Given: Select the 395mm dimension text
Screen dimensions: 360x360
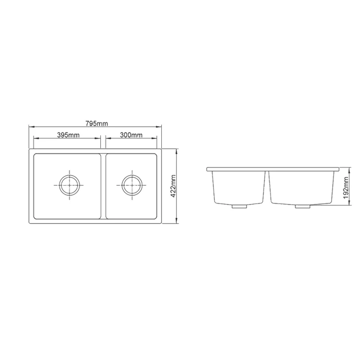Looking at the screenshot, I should pyautogui.click(x=68, y=135).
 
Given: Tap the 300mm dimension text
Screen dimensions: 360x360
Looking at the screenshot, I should pyautogui.click(x=131, y=135).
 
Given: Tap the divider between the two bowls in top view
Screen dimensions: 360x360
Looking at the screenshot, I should pyautogui.click(x=103, y=186).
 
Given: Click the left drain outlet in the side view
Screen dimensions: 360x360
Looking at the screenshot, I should pyautogui.click(x=238, y=206).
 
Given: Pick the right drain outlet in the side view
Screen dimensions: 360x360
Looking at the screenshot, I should pyautogui.click(x=303, y=206).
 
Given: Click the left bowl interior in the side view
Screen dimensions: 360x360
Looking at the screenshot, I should pyautogui.click(x=239, y=187).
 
